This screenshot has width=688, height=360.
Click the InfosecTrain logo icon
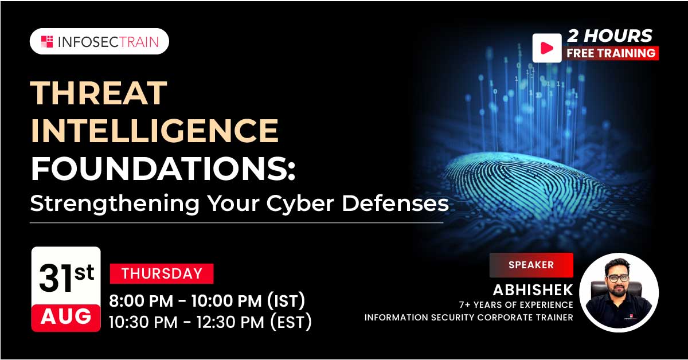click(47, 41)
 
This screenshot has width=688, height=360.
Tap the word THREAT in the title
click(99, 93)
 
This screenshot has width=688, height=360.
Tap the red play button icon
click(546, 48)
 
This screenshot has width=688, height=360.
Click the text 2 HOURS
click(609, 36)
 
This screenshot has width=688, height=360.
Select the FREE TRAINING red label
click(611, 53)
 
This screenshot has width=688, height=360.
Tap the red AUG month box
click(67, 316)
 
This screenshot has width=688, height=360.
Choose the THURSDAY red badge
click(162, 273)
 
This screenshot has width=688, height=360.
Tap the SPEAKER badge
click(531, 265)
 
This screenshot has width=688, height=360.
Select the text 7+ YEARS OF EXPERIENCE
click(515, 305)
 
